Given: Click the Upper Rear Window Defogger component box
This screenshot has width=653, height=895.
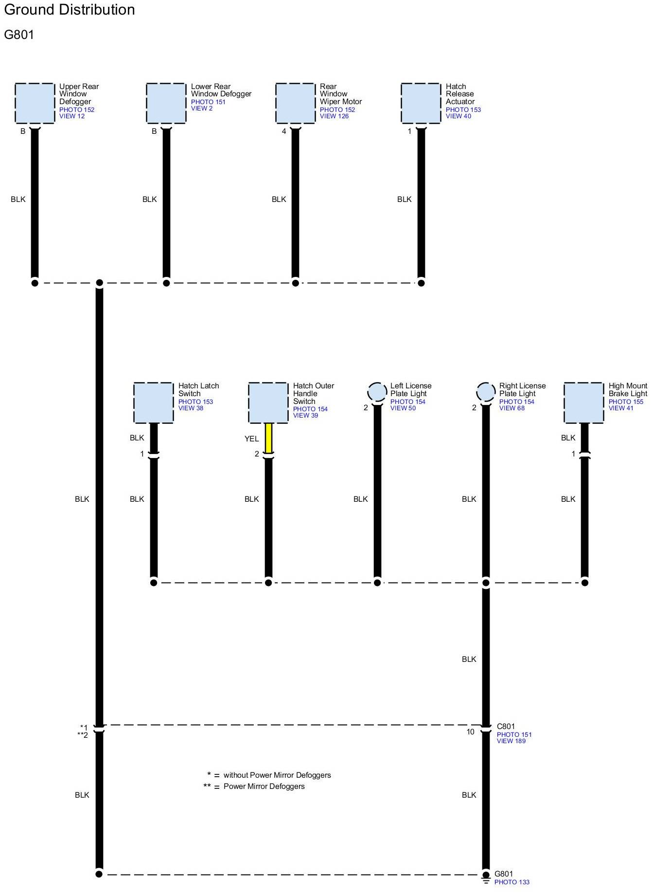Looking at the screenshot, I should click(35, 103).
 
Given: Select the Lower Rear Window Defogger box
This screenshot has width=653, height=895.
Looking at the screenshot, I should click(166, 103).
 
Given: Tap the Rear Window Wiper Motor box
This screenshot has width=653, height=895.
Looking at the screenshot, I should click(295, 103).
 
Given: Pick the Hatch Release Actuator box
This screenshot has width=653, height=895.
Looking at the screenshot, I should click(421, 103).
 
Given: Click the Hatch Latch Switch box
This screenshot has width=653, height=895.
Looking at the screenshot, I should click(153, 403).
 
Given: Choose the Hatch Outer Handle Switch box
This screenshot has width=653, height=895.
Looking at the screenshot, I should click(268, 403).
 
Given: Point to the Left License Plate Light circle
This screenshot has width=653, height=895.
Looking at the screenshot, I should click(377, 392).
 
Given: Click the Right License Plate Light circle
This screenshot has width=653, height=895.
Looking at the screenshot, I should click(486, 392).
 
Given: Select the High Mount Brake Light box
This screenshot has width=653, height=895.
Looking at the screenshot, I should click(584, 403).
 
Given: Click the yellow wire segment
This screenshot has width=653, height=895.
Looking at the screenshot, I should click(268, 438).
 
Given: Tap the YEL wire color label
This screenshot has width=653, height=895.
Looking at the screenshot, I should click(251, 439).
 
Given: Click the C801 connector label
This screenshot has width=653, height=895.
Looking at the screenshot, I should click(506, 727).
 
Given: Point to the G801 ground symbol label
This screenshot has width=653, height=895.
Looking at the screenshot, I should click(504, 874).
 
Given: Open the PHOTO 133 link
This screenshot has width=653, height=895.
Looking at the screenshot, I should click(512, 882).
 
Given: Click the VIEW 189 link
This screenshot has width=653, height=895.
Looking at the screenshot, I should click(511, 741).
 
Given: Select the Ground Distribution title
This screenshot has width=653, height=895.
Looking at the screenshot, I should click(70, 10).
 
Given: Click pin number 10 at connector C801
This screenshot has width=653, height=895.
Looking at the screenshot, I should click(470, 732).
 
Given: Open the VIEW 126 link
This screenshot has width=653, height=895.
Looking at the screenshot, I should click(334, 116).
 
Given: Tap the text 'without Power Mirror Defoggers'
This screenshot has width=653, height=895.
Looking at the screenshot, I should click(277, 775).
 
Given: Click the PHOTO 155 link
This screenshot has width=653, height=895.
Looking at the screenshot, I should click(626, 402).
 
